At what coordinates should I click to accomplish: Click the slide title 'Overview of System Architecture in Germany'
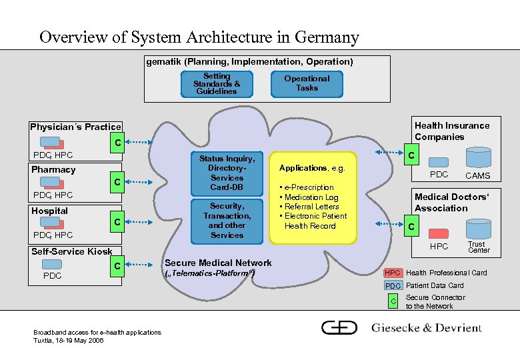199,37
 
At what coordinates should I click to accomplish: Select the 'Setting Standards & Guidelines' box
217,84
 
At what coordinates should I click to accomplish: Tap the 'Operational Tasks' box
307,83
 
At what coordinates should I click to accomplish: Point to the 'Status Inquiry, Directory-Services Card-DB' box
227,173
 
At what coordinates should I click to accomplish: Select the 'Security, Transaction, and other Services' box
227,221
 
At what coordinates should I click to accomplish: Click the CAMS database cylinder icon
477,159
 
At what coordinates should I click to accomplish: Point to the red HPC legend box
393,273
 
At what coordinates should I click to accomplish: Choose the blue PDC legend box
393,286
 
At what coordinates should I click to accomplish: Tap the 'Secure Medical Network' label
218,263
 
